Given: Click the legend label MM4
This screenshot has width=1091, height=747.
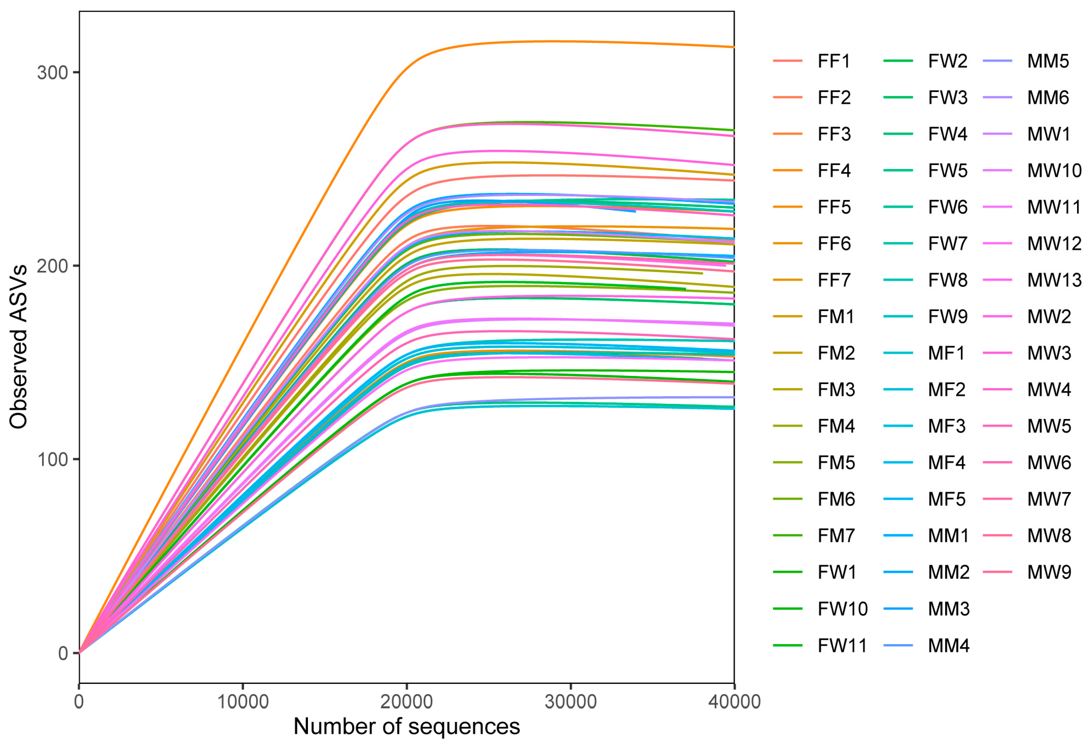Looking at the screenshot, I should coord(948,646).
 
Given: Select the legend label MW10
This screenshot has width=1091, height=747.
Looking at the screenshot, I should coord(1054,171).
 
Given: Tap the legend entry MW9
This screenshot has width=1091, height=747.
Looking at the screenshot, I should coord(1049,572).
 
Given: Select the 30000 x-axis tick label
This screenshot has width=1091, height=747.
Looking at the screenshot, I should coord(570,702).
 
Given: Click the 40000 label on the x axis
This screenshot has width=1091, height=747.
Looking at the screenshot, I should coord(734,702).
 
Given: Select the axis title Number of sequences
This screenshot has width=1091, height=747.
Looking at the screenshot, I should coord(407,726).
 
